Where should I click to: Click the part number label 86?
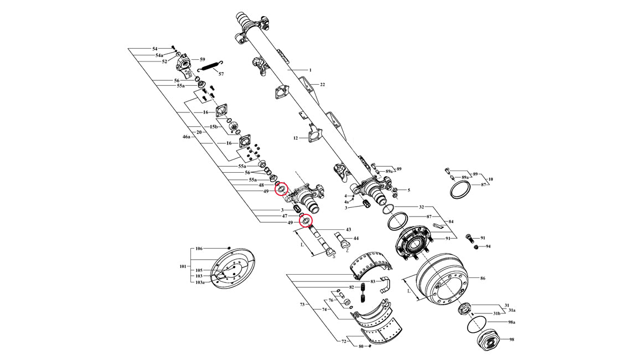click(x=483, y=278)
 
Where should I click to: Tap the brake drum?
click(x=441, y=279)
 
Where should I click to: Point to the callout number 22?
click(x=322, y=85)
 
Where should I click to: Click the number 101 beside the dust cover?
click(x=183, y=266)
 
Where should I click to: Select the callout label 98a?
click(x=511, y=322)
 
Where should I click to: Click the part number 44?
click(x=356, y=238)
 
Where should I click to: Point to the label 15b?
click(x=213, y=127)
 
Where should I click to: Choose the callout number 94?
click(x=488, y=246)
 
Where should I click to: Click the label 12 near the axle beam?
click(x=296, y=138)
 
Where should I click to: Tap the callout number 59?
click(x=203, y=59)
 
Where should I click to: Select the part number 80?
click(x=361, y=347)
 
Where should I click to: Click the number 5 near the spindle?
click(x=408, y=191)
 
